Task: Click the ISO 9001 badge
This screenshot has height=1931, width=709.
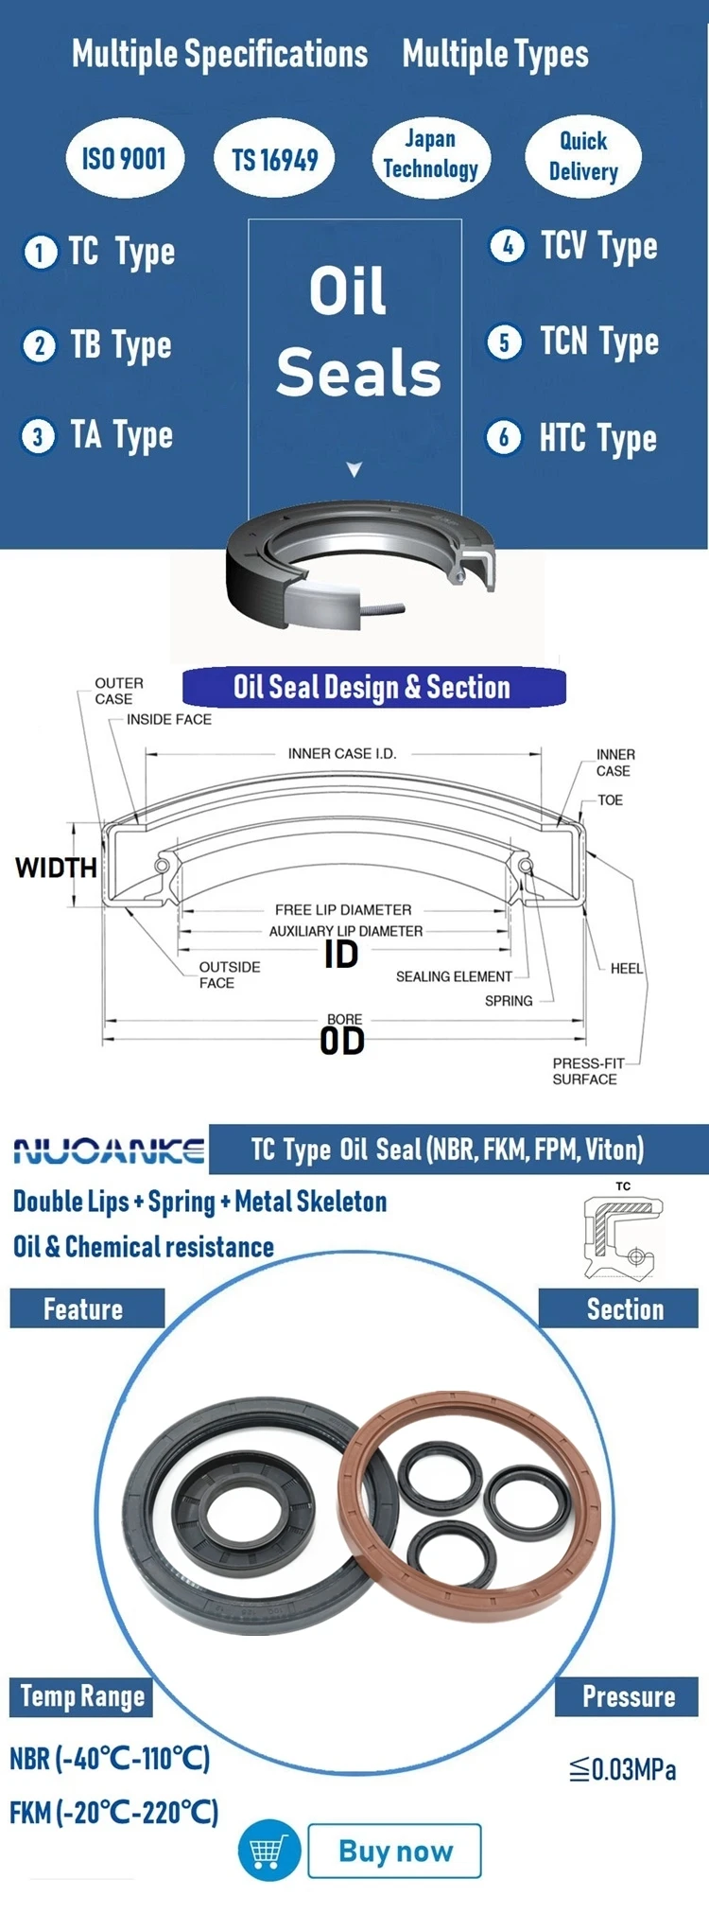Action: click(x=124, y=159)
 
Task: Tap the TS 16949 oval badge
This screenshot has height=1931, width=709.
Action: click(x=275, y=160)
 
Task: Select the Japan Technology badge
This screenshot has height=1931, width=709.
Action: click(x=430, y=155)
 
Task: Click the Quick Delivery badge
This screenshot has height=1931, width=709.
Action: click(x=583, y=156)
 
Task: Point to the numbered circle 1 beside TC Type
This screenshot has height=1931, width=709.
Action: click(x=40, y=253)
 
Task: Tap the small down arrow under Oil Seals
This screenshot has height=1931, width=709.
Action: click(x=354, y=469)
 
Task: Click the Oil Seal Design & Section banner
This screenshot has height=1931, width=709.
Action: click(x=372, y=688)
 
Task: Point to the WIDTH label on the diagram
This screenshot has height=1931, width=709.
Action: click(x=56, y=868)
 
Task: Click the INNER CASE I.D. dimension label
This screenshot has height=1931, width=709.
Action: click(x=342, y=754)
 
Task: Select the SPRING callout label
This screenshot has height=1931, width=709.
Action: click(x=509, y=1001)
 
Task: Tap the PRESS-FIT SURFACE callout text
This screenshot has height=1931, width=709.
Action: click(x=585, y=1071)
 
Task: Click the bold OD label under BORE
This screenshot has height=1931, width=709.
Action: click(x=342, y=1042)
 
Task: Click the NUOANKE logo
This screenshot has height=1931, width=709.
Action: click(x=109, y=1150)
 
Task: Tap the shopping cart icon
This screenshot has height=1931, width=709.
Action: click(x=268, y=1851)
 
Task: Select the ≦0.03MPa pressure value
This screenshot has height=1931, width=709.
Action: click(x=623, y=1769)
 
